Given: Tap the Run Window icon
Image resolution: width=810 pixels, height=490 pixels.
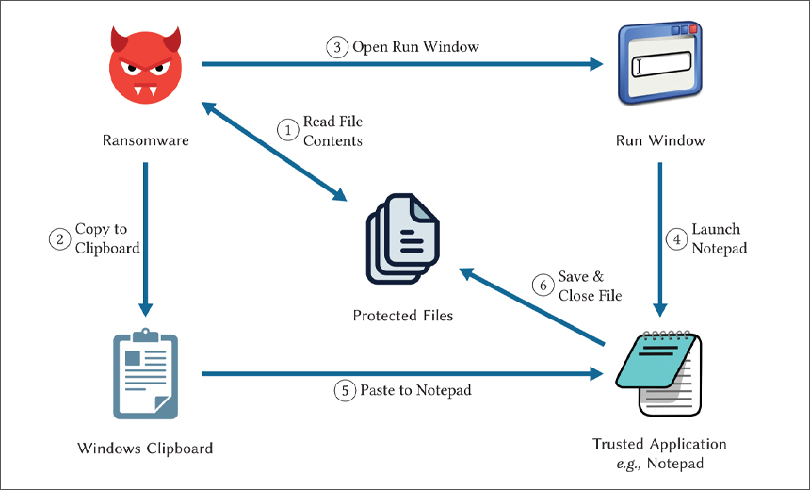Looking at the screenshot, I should pyautogui.click(x=658, y=66).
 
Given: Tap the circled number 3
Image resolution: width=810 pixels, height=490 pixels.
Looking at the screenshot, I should pyautogui.click(x=337, y=47).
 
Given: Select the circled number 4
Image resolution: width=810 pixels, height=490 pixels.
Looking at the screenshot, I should pyautogui.click(x=675, y=238).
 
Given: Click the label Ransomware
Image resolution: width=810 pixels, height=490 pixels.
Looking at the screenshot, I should pyautogui.click(x=145, y=141).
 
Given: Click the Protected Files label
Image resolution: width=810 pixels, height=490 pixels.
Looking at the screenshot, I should pyautogui.click(x=403, y=315).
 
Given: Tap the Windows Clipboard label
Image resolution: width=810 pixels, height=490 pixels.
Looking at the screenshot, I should pyautogui.click(x=145, y=448).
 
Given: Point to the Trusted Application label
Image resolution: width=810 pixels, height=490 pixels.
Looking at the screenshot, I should pyautogui.click(x=659, y=444).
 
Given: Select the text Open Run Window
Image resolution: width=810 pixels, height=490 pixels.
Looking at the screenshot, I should pyautogui.click(x=415, y=47).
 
